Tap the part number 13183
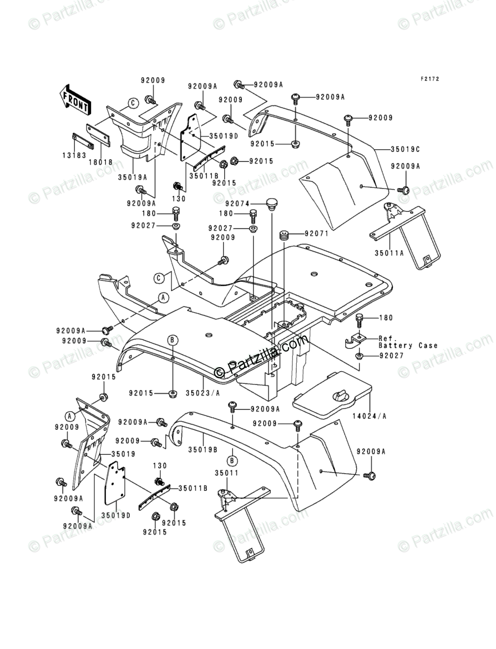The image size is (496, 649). [75, 156]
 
